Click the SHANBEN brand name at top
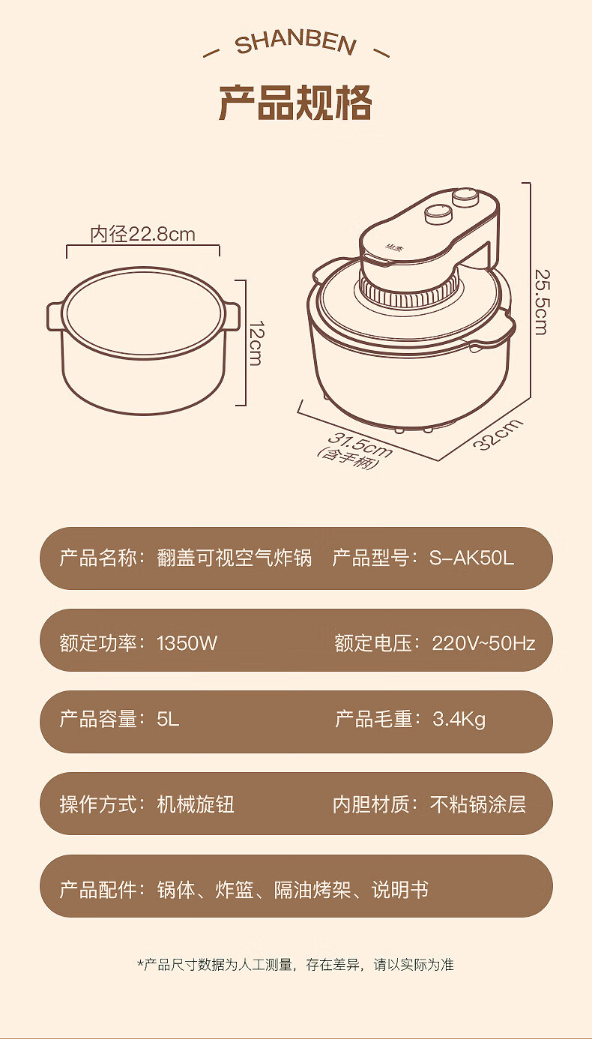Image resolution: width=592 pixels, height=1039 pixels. point(296,44)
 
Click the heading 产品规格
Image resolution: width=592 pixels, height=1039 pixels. point(295,103)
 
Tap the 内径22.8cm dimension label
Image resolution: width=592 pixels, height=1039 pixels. point(143,234)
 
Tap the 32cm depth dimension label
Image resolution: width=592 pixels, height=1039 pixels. point(498,434)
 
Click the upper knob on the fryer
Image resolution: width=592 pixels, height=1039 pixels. point(466,196)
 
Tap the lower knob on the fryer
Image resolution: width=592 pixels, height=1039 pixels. point(439,214)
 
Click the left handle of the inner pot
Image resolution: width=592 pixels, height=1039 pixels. point(54,317)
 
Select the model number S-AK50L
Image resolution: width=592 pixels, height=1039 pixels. point(471,558)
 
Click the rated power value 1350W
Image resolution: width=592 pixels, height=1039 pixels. point(187,643)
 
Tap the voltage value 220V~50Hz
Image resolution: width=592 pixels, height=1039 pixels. point(483,643)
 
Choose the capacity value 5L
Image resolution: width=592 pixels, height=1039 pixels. point(168,720)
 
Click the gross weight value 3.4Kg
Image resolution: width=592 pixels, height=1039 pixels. point(459,720)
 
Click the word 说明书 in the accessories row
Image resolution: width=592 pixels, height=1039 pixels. point(400,890)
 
